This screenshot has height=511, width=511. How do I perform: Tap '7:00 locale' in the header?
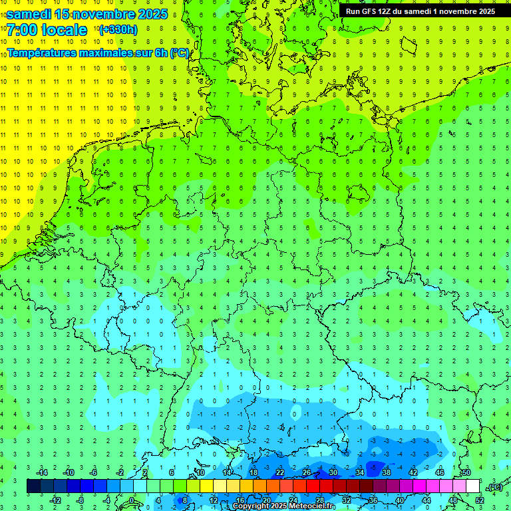pyautogui.click(x=47, y=30)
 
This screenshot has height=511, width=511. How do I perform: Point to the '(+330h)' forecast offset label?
pyautogui.click(x=118, y=29)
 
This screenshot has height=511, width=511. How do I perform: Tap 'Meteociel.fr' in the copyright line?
pyautogui.click(x=311, y=506)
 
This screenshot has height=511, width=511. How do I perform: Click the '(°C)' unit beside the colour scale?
pyautogui.click(x=494, y=487)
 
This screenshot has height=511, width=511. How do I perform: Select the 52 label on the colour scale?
pyautogui.click(x=480, y=500)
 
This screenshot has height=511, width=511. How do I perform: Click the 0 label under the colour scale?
pyautogui.click(x=132, y=500)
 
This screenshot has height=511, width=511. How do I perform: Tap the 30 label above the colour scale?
pyautogui.click(x=333, y=472)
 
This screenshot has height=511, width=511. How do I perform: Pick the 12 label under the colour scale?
pyautogui.click(x=214, y=500)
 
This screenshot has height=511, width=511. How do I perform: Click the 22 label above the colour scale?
pyautogui.click(x=280, y=472)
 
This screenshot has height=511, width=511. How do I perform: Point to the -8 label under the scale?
pyautogui.click(x=80, y=500)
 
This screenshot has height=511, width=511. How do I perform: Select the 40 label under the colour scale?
pyautogui.click(x=400, y=500)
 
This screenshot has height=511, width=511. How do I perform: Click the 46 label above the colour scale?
pyautogui.click(x=440, y=472)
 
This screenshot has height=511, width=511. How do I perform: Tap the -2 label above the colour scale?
pyautogui.click(x=120, y=472)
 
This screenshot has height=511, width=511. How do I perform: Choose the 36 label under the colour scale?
pyautogui.click(x=373, y=500)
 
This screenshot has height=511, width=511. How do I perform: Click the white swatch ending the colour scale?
pyautogui.click(x=473, y=486)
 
